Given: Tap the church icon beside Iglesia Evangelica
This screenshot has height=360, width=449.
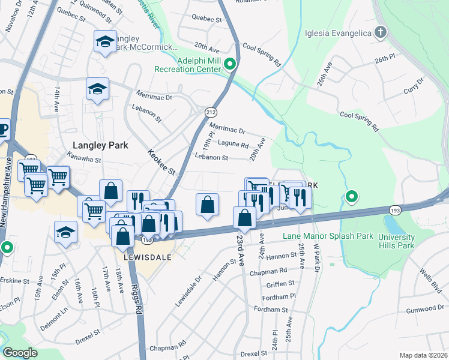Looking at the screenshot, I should pos(380,32).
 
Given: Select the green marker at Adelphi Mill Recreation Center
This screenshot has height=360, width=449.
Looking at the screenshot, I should pos(229,64).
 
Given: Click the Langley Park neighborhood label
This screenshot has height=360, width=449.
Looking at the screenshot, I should pos(97,145).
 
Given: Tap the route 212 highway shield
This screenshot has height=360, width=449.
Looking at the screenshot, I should pos(211,112).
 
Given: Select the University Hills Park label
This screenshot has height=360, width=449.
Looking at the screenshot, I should pos(396,241).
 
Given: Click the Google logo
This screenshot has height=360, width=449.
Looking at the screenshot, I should pos(20,352).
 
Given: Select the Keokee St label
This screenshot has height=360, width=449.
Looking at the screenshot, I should pos(161,162).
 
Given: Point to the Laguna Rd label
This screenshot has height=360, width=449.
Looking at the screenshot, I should pos(234,145).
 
